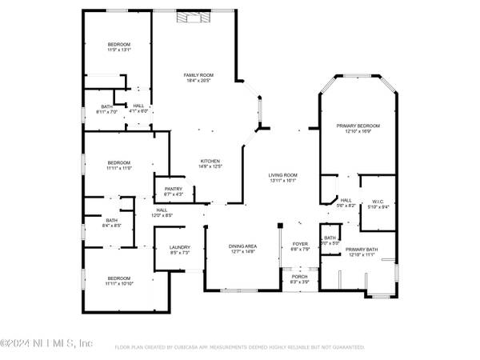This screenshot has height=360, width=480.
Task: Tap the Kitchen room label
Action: click(210, 161)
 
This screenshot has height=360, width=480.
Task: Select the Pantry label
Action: click(174, 189)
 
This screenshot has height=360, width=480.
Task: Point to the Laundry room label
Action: click(179, 247)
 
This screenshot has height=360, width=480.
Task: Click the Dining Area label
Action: click(242, 247)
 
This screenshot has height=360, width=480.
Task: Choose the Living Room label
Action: click(282, 175)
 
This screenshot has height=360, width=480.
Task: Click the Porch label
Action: click(299, 276)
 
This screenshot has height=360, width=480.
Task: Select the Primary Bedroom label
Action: click(358, 126)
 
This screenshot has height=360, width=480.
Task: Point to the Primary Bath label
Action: click(360, 250)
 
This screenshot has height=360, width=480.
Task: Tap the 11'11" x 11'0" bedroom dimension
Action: click(118, 168)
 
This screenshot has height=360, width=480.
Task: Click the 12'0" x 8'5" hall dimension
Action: click(162, 215)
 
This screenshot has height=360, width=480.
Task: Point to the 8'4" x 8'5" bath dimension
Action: click(112, 226)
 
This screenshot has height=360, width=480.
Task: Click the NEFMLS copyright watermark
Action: click(46, 343)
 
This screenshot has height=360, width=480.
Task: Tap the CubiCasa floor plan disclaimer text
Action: click(240, 347)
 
